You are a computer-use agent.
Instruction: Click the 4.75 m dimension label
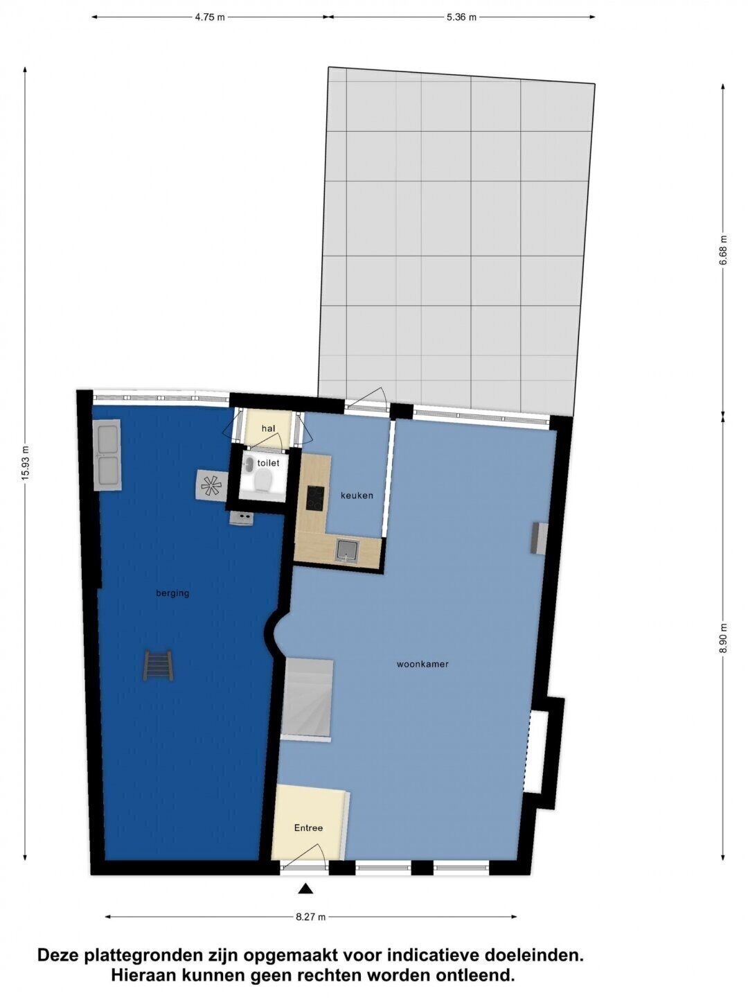(x=210, y=18)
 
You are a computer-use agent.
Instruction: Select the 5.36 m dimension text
(x=461, y=18)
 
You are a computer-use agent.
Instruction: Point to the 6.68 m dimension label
(x=724, y=250)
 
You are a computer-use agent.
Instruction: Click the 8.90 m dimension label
(x=724, y=638)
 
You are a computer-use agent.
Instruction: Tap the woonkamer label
(x=422, y=664)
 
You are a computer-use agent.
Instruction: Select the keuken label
(x=357, y=496)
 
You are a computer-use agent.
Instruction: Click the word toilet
(x=269, y=464)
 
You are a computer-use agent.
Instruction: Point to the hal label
(x=269, y=428)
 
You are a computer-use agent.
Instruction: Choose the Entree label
(x=308, y=828)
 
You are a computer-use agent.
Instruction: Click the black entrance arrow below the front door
(x=305, y=888)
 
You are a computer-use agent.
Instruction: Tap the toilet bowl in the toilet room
(x=263, y=480)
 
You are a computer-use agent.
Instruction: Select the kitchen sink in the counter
(x=348, y=551)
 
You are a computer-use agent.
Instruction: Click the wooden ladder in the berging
(x=158, y=665)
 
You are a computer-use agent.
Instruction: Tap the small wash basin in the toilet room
(x=249, y=464)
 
